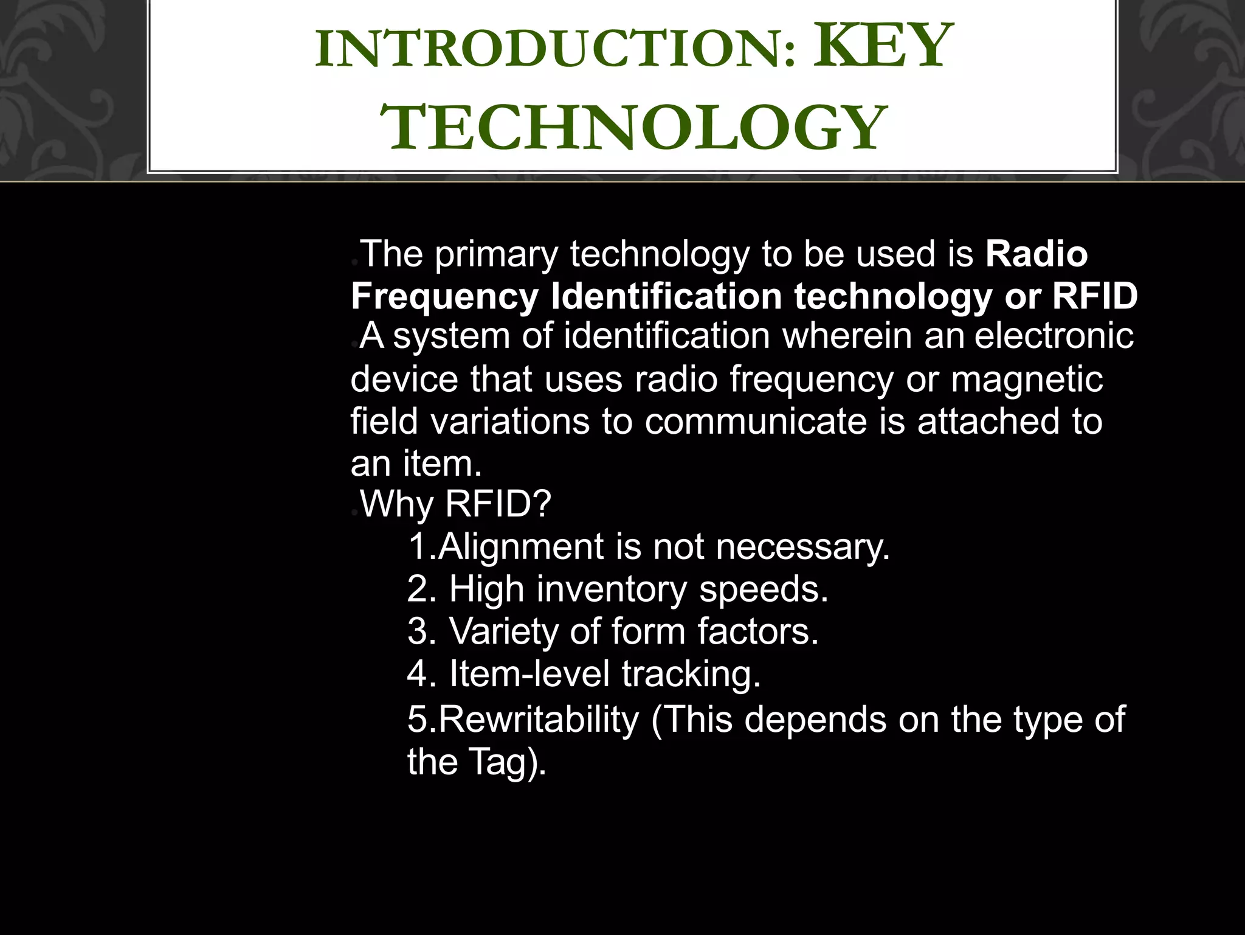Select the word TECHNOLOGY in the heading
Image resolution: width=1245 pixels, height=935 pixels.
coord(633,128)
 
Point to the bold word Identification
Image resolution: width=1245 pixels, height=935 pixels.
coord(666,297)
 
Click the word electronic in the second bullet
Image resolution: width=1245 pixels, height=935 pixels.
coord(1054,336)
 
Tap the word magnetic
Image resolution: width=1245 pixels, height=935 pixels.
coord(1027,380)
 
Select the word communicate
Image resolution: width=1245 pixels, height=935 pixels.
coord(756,422)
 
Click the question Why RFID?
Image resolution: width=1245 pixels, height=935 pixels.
coord(455,504)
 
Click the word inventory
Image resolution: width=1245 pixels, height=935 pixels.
coord(612,589)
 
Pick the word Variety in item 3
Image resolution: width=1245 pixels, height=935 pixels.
coord(503,631)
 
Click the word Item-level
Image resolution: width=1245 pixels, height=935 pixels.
coord(529,674)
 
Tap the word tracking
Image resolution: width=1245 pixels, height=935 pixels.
coord(691,674)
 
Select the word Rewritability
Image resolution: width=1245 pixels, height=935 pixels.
coord(539,720)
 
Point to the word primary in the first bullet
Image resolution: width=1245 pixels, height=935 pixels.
coord(496,254)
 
